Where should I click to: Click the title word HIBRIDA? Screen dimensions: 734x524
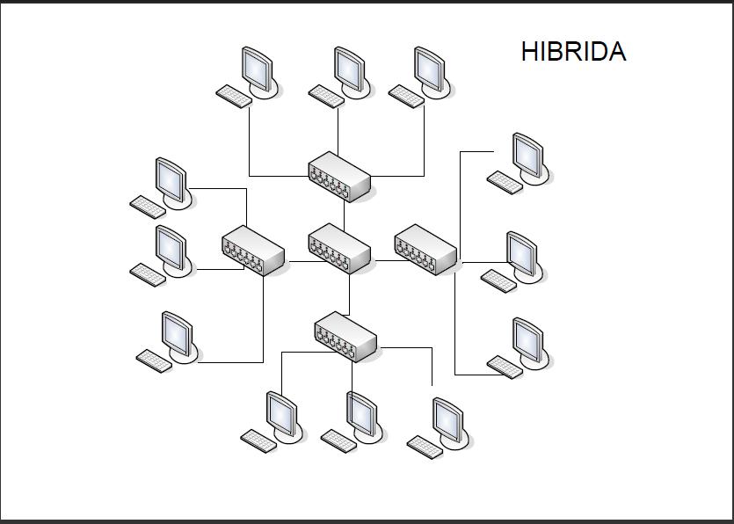tap(573, 52)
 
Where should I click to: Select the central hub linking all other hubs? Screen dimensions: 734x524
tap(340, 246)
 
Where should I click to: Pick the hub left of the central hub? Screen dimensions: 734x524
tap(254, 250)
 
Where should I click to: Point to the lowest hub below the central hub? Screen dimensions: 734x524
tap(345, 335)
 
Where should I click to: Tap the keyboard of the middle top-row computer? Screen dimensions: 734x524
tap(326, 96)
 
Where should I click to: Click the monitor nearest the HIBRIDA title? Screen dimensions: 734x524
tap(527, 154)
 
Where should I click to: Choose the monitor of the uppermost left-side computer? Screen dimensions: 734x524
tap(170, 178)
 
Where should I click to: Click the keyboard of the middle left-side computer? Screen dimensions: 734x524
tap(148, 273)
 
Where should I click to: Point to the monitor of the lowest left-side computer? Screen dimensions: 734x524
tap(176, 332)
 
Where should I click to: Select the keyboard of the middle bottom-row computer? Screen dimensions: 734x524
tap(338, 440)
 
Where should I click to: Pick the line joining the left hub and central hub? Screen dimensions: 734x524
tap(297, 261)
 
